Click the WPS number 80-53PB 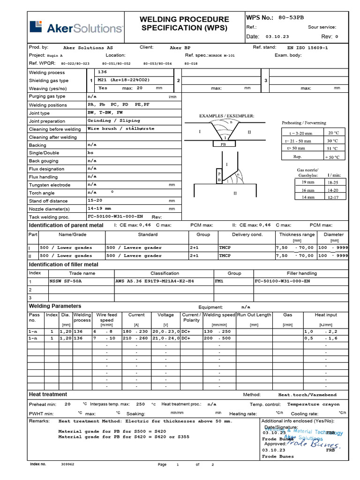[292, 18]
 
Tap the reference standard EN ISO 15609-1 [307, 48]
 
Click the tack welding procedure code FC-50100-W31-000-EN [116, 217]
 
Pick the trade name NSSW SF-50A [66, 282]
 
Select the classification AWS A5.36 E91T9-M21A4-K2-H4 [154, 282]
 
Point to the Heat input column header [325, 315]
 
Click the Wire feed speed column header [107, 317]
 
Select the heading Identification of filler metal [64, 265]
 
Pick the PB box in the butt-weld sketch [226, 145]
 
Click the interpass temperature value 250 [141, 404]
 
